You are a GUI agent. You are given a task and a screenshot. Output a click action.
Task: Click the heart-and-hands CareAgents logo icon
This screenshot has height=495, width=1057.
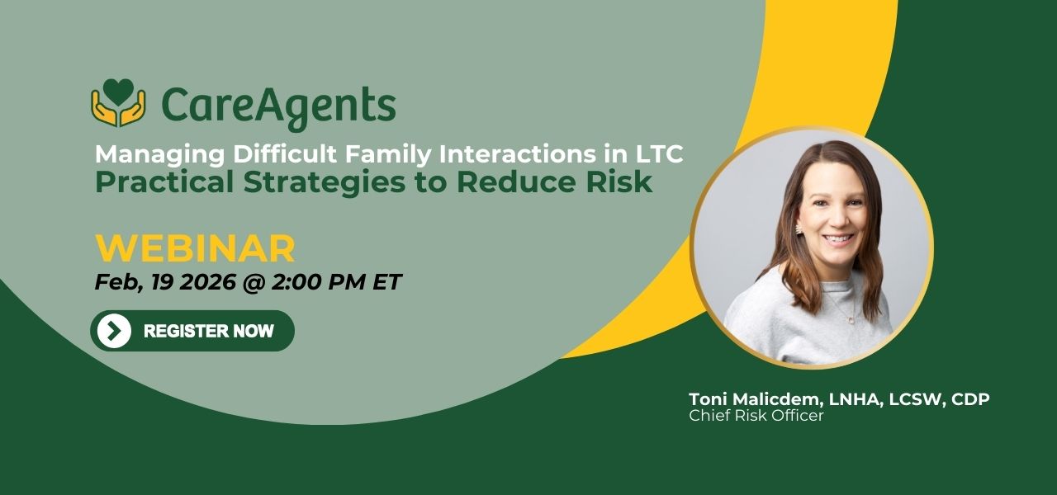pyautogui.click(x=118, y=102)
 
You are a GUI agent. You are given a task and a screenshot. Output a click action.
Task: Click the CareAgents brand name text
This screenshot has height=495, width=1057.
pyautogui.click(x=278, y=107)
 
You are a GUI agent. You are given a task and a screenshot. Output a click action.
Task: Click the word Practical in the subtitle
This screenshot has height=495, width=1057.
pyautogui.click(x=164, y=182)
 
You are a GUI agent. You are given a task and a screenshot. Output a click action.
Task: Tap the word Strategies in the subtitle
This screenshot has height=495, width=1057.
pyautogui.click(x=325, y=183)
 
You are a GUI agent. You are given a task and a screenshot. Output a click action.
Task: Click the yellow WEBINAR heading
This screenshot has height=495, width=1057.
pyautogui.click(x=196, y=248)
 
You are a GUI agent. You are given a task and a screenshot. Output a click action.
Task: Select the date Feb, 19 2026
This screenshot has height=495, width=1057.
pyautogui.click(x=165, y=282)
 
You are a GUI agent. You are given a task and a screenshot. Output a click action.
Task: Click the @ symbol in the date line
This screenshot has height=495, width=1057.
pyautogui.click(x=254, y=282)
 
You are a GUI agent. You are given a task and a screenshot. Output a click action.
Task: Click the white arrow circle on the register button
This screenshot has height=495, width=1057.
pyautogui.click(x=114, y=331)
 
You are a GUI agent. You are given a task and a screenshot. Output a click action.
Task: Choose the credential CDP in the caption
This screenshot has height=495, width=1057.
pyautogui.click(x=970, y=398)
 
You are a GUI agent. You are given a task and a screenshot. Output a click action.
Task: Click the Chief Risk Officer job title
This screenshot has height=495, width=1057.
pyautogui.click(x=756, y=416)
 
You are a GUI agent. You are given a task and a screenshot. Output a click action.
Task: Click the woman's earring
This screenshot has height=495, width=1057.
pyautogui.click(x=799, y=229)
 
